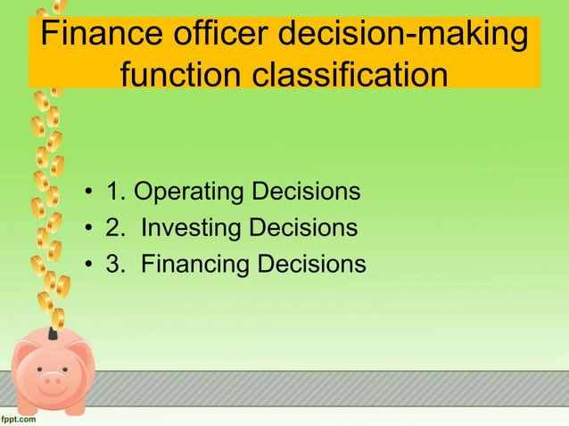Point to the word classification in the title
[x=349, y=76]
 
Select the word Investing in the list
[x=194, y=229]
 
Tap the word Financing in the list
[x=196, y=266]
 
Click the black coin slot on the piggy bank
[x=54, y=332]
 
